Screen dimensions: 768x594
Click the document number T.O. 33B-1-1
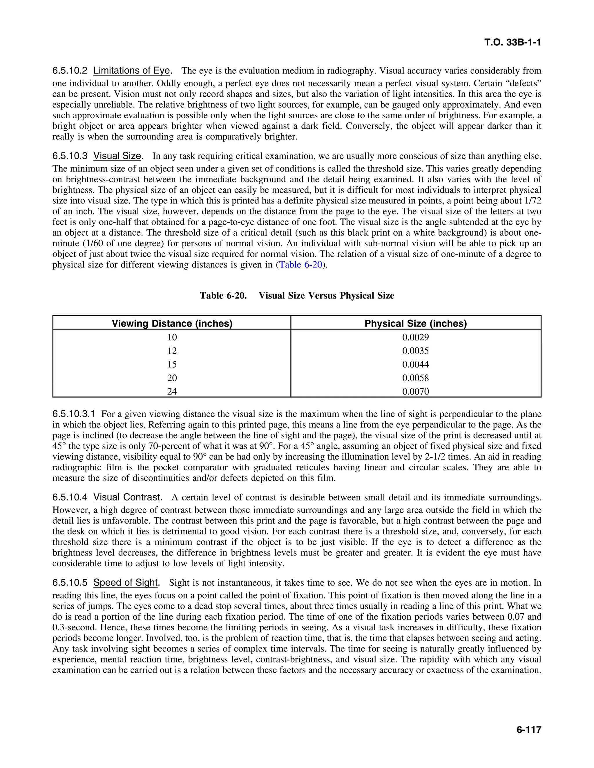[x=512, y=43]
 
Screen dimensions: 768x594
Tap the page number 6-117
[x=528, y=730]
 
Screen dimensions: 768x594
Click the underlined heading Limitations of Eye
[x=132, y=71]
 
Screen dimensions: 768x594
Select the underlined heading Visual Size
[x=117, y=156]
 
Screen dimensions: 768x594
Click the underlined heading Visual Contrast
[x=127, y=497]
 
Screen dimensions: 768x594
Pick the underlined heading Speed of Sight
[x=126, y=583]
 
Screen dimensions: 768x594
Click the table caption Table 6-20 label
[x=223, y=295]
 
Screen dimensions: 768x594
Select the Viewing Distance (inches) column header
[x=172, y=323]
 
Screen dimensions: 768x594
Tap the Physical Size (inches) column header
[x=416, y=323]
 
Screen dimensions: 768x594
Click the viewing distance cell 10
[x=172, y=337]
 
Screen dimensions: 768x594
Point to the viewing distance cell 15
[x=172, y=364]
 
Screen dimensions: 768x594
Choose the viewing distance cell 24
[x=172, y=391]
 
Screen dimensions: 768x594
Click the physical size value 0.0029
[x=416, y=337]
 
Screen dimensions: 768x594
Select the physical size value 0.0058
[x=416, y=378]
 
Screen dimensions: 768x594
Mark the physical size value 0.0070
[x=416, y=391]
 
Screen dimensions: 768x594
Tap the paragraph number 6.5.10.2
[x=70, y=71]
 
